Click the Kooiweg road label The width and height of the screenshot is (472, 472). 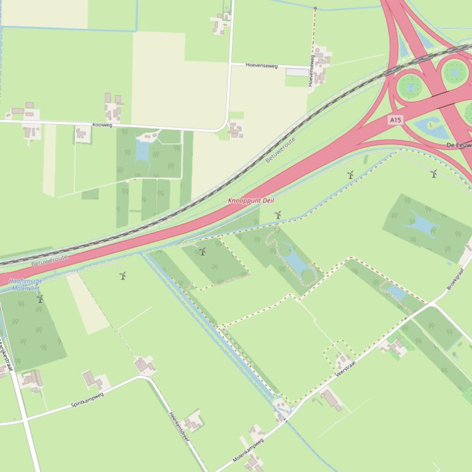[x=102, y=125]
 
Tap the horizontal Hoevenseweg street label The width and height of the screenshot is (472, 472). [x=262, y=65]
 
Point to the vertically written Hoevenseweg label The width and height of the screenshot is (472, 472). [x=312, y=70]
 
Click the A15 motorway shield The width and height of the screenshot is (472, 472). [x=395, y=120]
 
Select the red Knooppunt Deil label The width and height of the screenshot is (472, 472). [x=251, y=201]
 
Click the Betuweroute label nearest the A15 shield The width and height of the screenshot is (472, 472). [x=281, y=150]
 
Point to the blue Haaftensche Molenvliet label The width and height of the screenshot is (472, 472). [x=25, y=284]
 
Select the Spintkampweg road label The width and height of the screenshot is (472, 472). [x=87, y=400]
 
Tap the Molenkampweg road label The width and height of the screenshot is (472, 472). [x=248, y=449]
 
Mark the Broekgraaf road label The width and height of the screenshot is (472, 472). [x=458, y=278]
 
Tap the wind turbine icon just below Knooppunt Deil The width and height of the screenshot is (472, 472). [x=278, y=215]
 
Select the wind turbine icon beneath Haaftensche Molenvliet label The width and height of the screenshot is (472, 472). [x=41, y=299]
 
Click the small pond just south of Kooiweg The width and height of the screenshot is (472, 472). [x=143, y=151]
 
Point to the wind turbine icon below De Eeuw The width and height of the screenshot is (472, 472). [x=434, y=174]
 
